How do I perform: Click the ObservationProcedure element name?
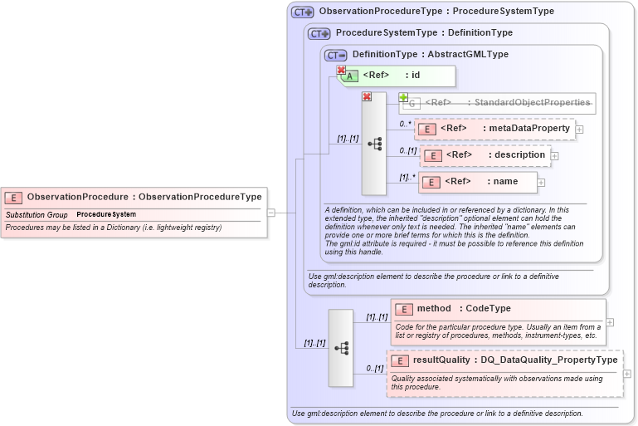pos(78,197)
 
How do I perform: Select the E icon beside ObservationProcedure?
pos(13,198)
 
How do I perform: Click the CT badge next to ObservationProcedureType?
pos(302,12)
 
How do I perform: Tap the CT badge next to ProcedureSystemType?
pos(319,34)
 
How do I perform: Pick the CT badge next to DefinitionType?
pos(335,55)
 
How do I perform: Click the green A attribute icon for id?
pos(352,76)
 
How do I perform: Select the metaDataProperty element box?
pos(494,129)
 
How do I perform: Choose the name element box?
pos(478,182)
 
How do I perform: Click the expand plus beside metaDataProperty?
pos(579,130)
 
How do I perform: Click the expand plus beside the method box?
pos(610,322)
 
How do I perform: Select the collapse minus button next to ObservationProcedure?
pos(271,213)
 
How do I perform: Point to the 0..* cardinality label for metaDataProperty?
pos(406,124)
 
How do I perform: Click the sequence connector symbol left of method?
pos(341,348)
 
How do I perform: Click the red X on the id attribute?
pos(341,71)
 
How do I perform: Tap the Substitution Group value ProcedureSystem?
pos(106,215)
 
